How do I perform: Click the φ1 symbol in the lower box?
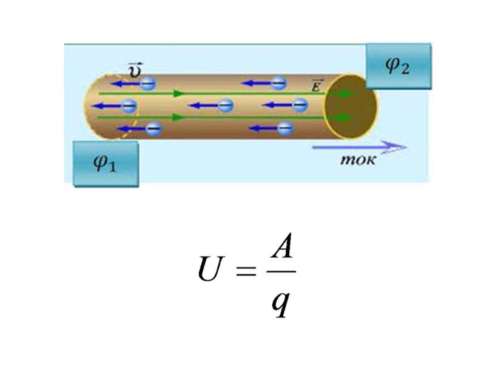(x=105, y=163)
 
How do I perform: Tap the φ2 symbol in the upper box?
(x=397, y=66)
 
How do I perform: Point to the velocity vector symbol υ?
(x=135, y=70)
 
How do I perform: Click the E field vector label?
(x=316, y=86)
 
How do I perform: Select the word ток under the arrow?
(x=358, y=160)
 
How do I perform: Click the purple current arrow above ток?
(x=359, y=147)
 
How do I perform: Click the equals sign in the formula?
(x=246, y=271)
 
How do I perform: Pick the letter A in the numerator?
(x=281, y=246)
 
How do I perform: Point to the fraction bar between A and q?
(x=281, y=271)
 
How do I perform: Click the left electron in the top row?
(x=148, y=84)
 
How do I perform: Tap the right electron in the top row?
(x=278, y=83)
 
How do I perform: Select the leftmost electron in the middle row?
(x=129, y=106)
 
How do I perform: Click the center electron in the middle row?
(x=226, y=105)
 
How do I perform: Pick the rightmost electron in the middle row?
(x=300, y=104)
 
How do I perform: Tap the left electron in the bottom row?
(x=154, y=129)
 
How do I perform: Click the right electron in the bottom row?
(x=285, y=128)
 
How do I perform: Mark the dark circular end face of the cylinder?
(x=351, y=106)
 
